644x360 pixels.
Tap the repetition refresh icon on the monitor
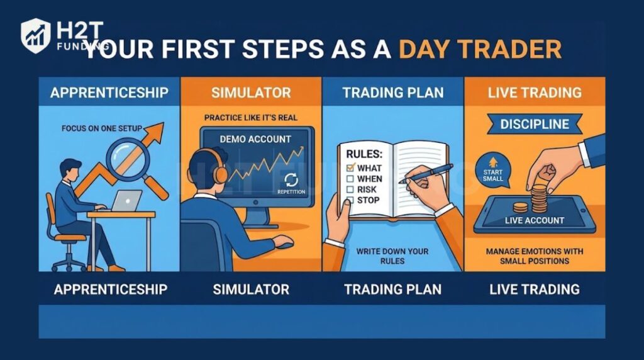pos(291,179)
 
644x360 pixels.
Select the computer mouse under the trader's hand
pos(284,242)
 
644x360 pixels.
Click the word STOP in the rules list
pos(367,200)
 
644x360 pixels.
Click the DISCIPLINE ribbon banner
pos(535,124)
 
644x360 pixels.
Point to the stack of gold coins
pos(539,198)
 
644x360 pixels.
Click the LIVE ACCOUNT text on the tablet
pos(535,220)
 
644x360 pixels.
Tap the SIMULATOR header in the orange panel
pos(251,93)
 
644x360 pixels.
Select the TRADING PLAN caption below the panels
pos(392,290)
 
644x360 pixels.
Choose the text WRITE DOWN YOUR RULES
pos(392,256)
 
